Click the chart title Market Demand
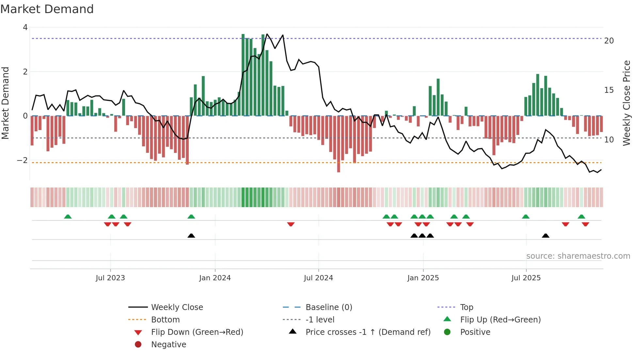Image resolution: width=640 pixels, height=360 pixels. coord(47,9)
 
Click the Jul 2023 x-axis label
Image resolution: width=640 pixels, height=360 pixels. coord(110,278)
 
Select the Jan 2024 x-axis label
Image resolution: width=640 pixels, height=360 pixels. coord(215,278)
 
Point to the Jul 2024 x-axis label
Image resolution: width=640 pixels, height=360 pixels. coord(318,278)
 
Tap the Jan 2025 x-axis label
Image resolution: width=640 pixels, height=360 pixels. coord(423,278)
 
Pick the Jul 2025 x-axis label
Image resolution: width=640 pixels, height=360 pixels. coord(526,278)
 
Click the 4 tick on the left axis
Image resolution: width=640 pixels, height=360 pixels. coord(25,27)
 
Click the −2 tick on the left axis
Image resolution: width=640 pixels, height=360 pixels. coord(23,160)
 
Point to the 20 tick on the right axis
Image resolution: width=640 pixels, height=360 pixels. coord(609,41)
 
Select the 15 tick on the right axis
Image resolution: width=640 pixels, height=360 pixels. coord(609,90)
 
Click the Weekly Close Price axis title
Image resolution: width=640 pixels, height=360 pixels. coord(626,103)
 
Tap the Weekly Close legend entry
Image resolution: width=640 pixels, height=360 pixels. coord(177,307)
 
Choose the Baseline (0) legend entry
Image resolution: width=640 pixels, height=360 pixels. coord(328,307)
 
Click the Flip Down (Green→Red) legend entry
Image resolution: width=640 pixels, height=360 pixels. coord(197,332)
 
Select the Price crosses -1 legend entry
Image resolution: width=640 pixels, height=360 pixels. coord(368,332)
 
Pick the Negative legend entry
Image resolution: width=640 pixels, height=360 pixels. coord(168,345)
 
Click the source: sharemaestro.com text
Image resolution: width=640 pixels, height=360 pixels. coord(578,256)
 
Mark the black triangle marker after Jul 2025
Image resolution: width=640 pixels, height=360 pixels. coord(545,236)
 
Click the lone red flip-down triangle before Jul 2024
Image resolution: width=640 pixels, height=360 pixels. coord(291,224)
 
